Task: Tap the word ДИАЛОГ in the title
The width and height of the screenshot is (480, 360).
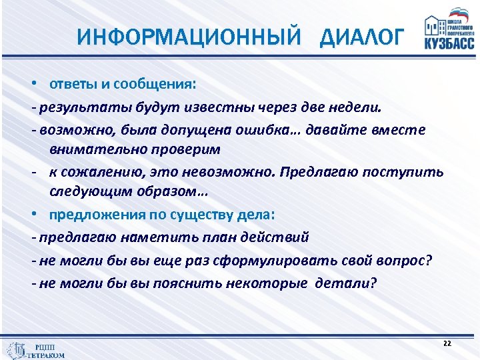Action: pyautogui.click(x=361, y=37)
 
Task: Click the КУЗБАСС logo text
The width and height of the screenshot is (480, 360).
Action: pyautogui.click(x=449, y=43)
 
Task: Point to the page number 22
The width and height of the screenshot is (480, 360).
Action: pyautogui.click(x=447, y=343)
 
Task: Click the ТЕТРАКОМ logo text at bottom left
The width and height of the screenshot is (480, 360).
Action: pyautogui.click(x=46, y=355)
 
